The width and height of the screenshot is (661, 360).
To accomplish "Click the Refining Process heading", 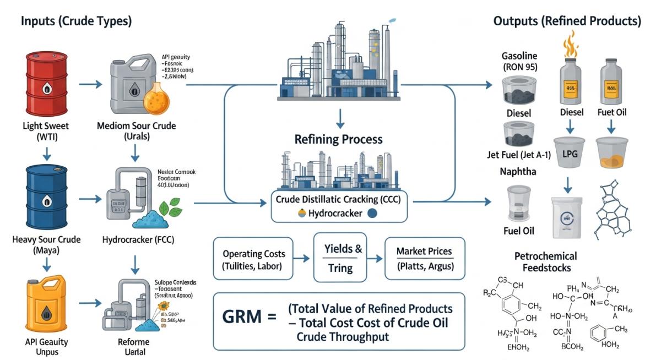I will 339,139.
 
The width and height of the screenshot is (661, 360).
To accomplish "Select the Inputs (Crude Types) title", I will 76,21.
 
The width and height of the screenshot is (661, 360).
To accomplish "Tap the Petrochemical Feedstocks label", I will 545,263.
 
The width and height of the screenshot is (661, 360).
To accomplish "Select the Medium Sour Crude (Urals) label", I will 137,132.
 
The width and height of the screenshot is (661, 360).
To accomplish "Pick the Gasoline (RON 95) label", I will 519,62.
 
